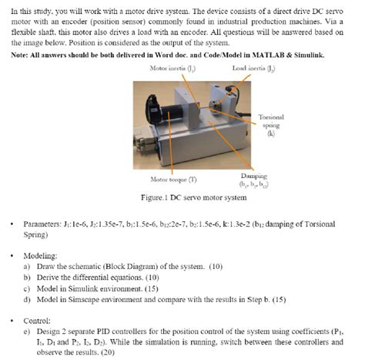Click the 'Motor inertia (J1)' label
[x=171, y=68]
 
